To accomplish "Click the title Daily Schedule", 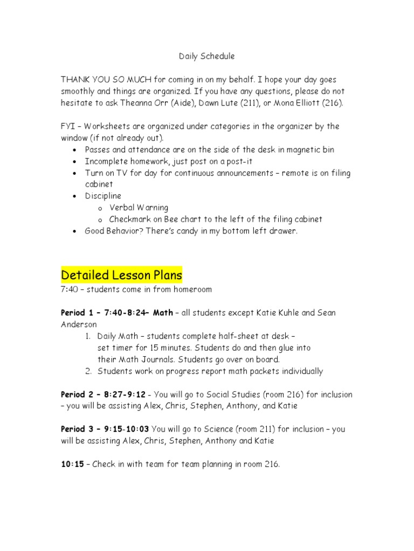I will click(x=206, y=56).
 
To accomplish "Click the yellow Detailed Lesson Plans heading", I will click(x=122, y=275).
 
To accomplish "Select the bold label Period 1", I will click(x=79, y=313).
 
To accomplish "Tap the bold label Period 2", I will click(x=79, y=394).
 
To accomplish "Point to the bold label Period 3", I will click(x=79, y=429).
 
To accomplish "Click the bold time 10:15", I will click(x=72, y=464).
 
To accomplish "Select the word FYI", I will click(x=67, y=126).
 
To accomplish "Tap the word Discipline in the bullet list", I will click(x=103, y=196).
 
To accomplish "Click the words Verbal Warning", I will click(x=139, y=208).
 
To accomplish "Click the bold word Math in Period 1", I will click(x=163, y=313).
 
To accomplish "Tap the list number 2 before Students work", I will click(x=87, y=371).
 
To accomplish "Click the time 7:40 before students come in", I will click(x=70, y=289).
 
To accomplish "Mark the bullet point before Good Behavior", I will click(x=74, y=231).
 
